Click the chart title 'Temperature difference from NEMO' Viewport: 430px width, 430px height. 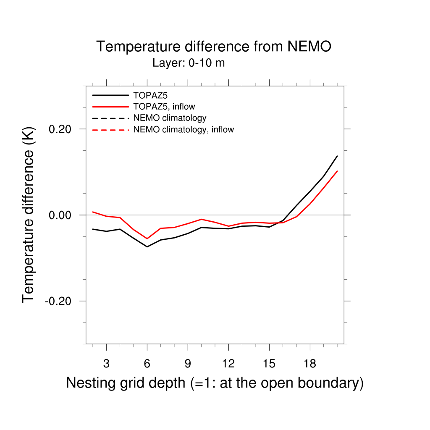point(214,46)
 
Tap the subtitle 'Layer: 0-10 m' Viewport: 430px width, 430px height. point(189,63)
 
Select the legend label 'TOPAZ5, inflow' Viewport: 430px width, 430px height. point(164,106)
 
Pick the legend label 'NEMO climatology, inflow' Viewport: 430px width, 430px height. point(183,129)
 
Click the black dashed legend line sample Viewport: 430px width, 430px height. point(110,118)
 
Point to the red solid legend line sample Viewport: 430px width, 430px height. point(110,106)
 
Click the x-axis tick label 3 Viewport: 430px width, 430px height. point(106,364)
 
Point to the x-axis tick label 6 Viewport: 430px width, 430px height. point(147,364)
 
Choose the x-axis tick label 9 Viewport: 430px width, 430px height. point(188,364)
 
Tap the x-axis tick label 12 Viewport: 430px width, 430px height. point(228,364)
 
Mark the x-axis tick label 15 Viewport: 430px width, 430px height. point(269,364)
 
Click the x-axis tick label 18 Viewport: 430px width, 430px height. point(310,364)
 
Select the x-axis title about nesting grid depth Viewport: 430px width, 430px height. point(215,383)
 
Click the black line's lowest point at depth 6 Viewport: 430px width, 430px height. point(147,246)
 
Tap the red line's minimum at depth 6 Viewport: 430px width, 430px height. point(147,239)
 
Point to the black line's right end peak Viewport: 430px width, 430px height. point(337,156)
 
